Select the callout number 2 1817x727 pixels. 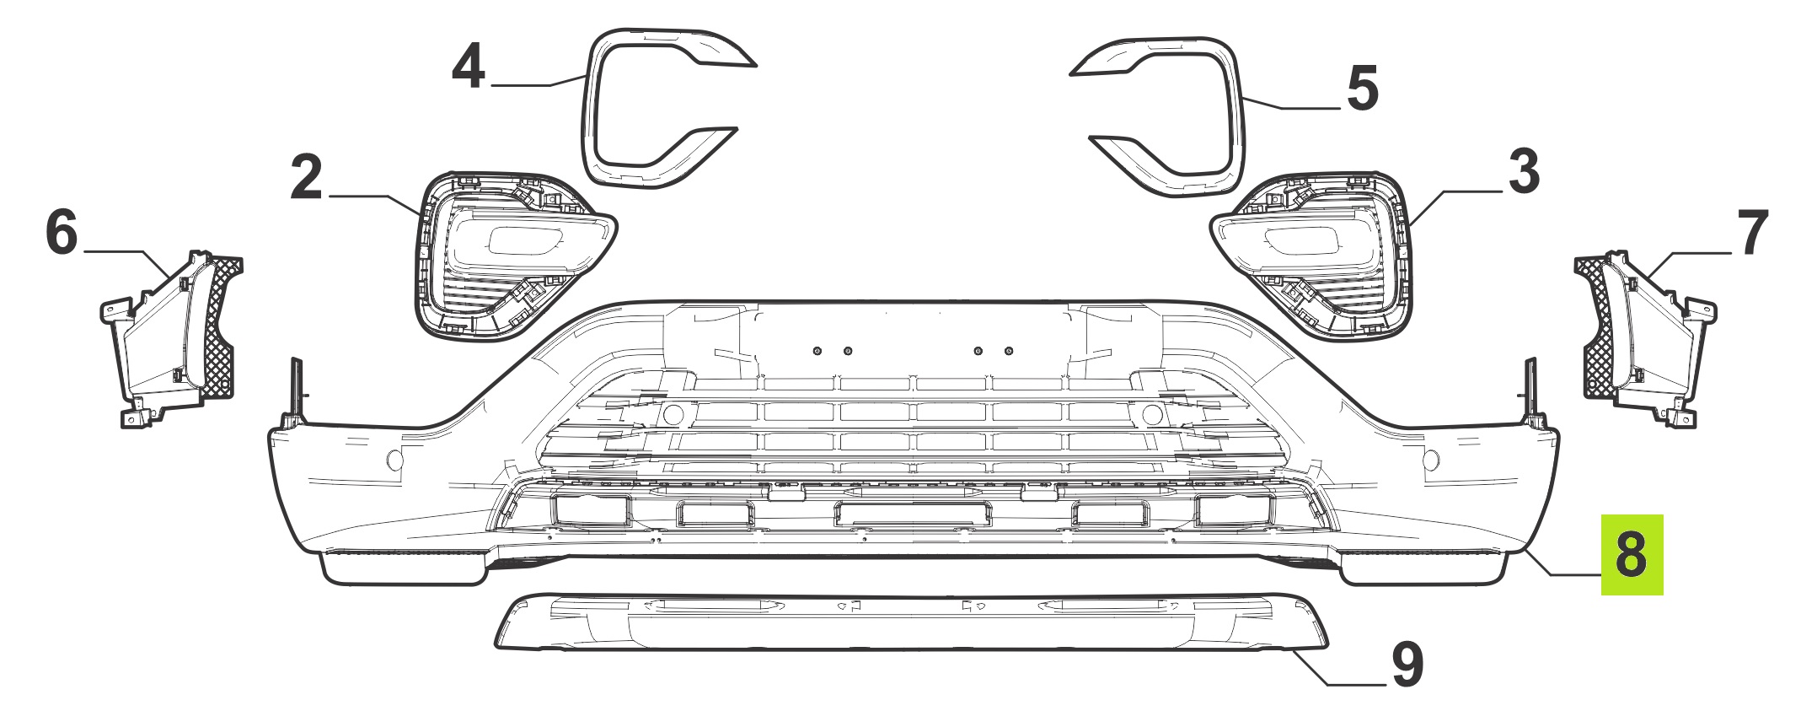[x=306, y=177]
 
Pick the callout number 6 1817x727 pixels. [x=62, y=232]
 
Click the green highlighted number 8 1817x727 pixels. [x=1632, y=554]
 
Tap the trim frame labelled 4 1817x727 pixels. [x=588, y=110]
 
